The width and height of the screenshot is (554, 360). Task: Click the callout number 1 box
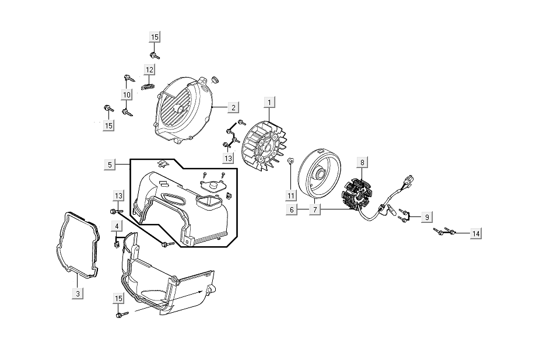[269, 103]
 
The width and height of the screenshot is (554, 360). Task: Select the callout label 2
[232, 108]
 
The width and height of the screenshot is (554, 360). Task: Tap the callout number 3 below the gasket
[78, 293]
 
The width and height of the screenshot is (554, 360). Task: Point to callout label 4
[117, 226]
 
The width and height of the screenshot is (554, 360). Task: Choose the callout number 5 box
[110, 165]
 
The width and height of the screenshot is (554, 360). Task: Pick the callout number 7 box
[315, 209]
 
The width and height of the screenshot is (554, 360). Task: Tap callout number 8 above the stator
[362, 162]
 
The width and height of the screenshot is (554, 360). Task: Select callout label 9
[427, 217]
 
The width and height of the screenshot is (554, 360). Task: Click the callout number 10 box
[127, 95]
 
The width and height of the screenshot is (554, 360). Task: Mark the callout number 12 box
[149, 70]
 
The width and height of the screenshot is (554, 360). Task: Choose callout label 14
[476, 234]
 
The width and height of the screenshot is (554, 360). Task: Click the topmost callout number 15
[155, 37]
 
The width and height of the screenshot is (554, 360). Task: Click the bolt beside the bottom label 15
[121, 315]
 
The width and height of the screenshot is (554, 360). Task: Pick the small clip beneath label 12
[148, 86]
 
